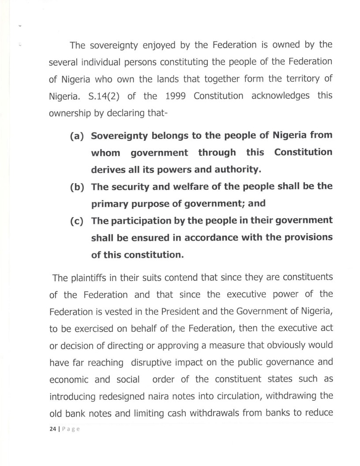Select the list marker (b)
point(78,187)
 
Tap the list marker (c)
point(78,220)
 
